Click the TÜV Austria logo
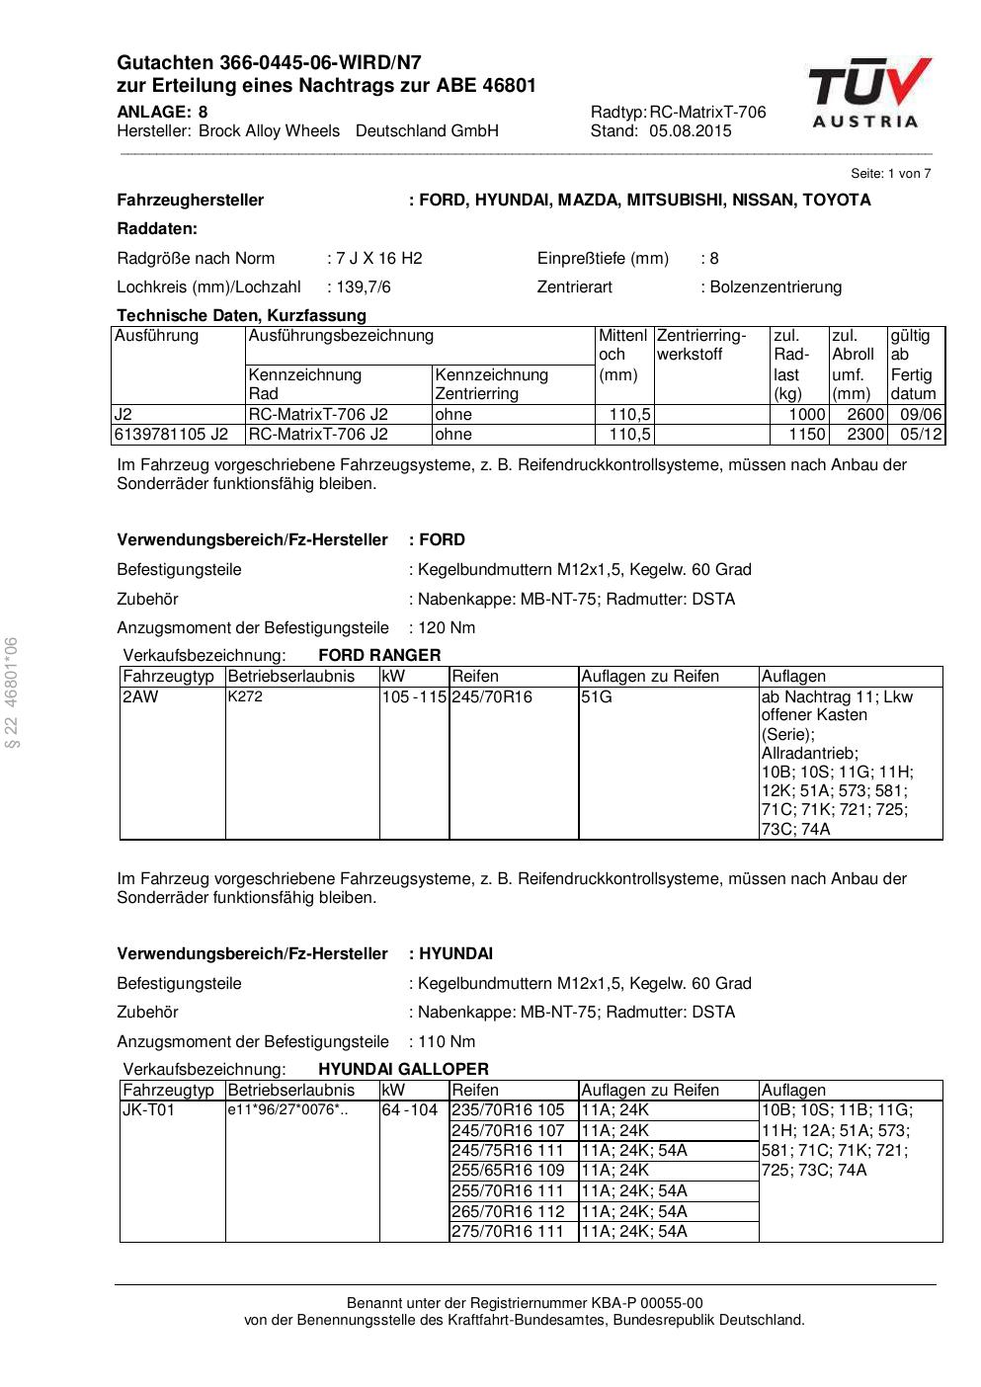point(869,94)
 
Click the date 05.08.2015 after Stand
point(691,131)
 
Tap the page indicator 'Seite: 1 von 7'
point(890,174)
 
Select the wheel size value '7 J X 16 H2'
point(378,259)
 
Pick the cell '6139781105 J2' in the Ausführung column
point(171,435)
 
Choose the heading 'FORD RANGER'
point(379,655)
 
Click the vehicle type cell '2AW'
point(140,697)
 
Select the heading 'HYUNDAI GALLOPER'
point(403,1069)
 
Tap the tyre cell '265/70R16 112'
point(508,1211)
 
